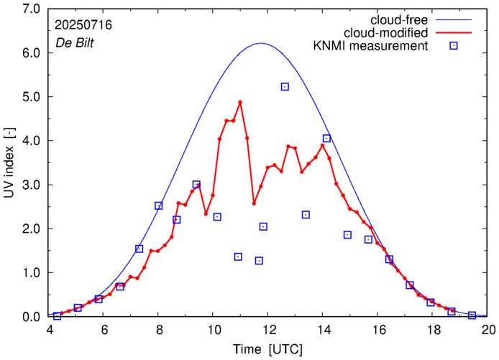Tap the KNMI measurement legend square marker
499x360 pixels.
pos(454,47)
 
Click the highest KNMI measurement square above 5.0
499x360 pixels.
pos(285,87)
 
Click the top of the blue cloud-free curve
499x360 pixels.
pos(260,43)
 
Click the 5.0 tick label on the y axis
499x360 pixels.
pos(31,96)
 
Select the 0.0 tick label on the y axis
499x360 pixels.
pos(31,316)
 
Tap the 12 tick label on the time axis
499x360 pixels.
pos(269,330)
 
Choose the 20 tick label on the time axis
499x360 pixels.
pos(488,330)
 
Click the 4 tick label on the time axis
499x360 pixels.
pos(50,330)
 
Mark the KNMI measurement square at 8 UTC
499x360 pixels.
pos(159,206)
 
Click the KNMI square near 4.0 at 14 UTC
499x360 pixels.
pos(326,139)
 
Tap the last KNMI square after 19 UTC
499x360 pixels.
pos(472,315)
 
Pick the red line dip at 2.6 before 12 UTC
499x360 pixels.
pos(254,203)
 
